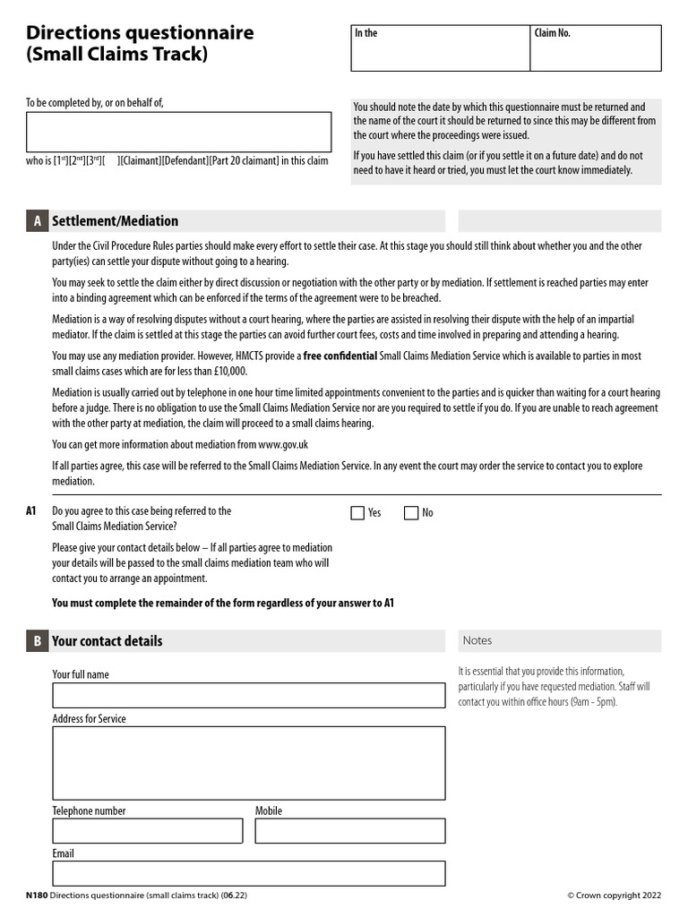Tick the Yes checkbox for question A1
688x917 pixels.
click(357, 513)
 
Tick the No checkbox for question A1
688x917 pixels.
click(411, 513)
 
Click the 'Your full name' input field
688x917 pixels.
click(248, 696)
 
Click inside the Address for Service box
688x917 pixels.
click(248, 762)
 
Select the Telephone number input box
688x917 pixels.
click(147, 831)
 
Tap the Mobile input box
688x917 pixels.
click(349, 831)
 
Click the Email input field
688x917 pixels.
click(248, 873)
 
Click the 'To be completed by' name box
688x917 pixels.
click(179, 133)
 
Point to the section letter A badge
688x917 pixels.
click(37, 221)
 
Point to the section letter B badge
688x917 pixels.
click(37, 641)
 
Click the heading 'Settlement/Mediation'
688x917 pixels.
click(115, 221)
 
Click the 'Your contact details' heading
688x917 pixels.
click(107, 641)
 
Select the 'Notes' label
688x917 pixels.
click(477, 641)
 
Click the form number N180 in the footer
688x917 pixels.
click(36, 895)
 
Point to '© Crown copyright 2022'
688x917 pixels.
click(614, 895)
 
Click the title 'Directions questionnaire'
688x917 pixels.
click(140, 33)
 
